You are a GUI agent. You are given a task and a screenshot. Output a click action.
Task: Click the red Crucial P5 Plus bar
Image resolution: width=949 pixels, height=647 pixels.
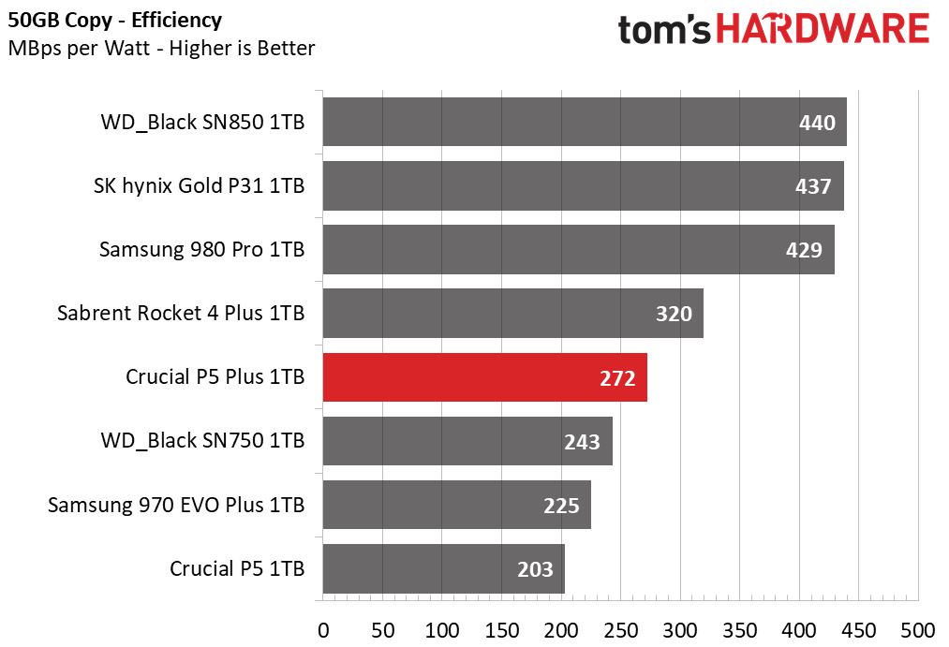484,377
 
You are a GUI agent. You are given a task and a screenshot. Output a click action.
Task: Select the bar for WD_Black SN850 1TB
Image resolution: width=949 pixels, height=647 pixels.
585,122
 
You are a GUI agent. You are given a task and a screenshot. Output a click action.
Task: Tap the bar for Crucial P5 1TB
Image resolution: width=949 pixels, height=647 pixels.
443,568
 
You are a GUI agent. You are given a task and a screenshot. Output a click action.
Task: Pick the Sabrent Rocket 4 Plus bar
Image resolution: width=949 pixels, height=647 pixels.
512,314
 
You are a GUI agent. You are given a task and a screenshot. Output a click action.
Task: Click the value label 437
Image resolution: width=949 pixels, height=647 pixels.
813,186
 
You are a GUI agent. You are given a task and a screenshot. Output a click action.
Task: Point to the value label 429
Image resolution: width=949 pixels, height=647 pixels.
804,250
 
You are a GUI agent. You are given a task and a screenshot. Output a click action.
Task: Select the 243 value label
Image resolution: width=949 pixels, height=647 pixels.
582,441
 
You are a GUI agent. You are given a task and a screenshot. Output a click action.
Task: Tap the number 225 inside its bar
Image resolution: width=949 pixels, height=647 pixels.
561,506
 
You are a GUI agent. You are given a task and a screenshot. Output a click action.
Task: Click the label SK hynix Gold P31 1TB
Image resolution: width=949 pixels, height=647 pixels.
199,186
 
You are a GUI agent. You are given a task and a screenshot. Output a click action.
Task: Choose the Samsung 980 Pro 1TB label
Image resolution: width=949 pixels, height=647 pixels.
201,250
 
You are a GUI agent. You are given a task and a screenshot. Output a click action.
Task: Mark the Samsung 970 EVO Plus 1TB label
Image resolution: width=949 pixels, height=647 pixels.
176,506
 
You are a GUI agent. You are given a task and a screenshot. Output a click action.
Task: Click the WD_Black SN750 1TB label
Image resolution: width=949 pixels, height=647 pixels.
201,441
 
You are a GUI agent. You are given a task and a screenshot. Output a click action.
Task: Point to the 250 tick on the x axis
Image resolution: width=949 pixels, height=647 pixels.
620,628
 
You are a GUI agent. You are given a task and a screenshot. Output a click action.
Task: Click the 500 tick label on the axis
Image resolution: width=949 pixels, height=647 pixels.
918,628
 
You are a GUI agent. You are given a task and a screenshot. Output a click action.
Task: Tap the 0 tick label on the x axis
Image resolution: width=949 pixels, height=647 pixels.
323,628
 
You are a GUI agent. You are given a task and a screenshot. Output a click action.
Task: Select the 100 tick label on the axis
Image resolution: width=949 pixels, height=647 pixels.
442,628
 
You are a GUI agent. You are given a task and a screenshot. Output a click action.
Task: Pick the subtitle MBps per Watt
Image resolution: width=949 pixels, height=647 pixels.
161,47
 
